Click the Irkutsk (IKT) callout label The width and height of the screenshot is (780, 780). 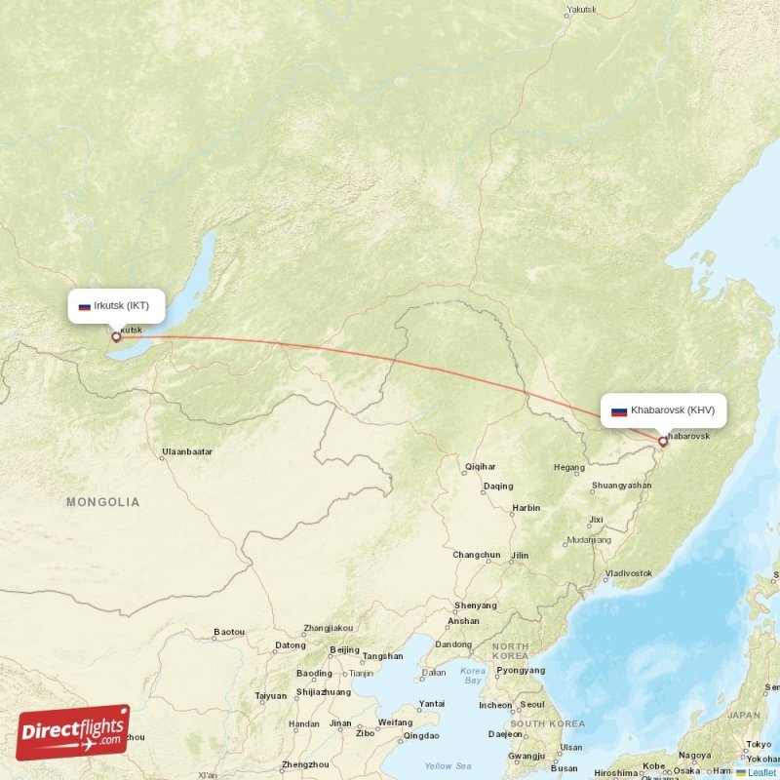tap(115, 305)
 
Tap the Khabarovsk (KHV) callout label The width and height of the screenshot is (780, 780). tap(663, 410)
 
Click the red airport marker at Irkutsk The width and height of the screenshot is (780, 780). tap(116, 337)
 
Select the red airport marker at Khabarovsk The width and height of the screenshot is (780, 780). tap(663, 442)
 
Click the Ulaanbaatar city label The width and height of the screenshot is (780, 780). tap(186, 452)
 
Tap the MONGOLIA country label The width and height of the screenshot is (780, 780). tap(102, 502)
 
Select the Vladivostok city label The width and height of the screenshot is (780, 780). tap(627, 573)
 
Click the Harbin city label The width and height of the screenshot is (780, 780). tap(526, 508)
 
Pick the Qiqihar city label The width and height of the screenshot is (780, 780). tap(480, 467)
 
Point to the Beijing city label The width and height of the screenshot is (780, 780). tap(344, 650)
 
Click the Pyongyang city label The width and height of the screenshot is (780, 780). tap(521, 671)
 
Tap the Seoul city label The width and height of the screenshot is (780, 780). tap(532, 704)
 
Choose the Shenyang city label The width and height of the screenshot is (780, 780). tap(475, 605)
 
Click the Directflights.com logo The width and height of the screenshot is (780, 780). tap(73, 732)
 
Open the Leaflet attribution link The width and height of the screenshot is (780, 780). tap(760, 772)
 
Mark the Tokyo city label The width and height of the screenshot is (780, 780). tap(758, 744)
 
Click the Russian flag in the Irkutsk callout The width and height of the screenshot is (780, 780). tap(85, 306)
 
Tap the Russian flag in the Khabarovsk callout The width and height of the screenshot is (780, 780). tap(618, 411)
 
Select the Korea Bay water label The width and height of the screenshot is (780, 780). tap(473, 675)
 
